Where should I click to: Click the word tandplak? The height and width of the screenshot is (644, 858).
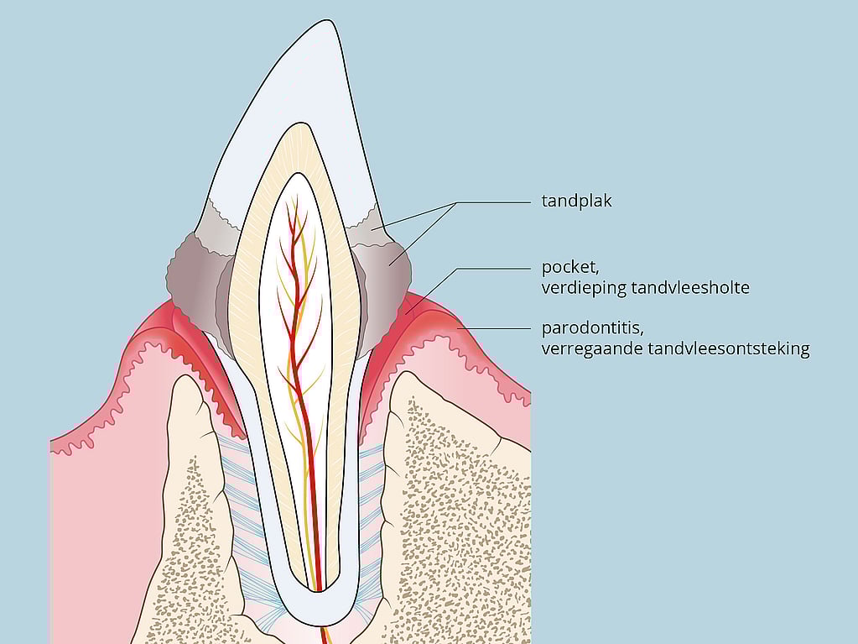[577, 201]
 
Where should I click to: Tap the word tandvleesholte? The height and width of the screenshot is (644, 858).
[690, 287]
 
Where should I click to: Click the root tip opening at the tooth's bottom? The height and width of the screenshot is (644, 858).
[316, 591]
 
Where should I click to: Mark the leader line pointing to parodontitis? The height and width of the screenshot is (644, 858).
[495, 328]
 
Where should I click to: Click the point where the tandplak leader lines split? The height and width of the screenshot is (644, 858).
[456, 202]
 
